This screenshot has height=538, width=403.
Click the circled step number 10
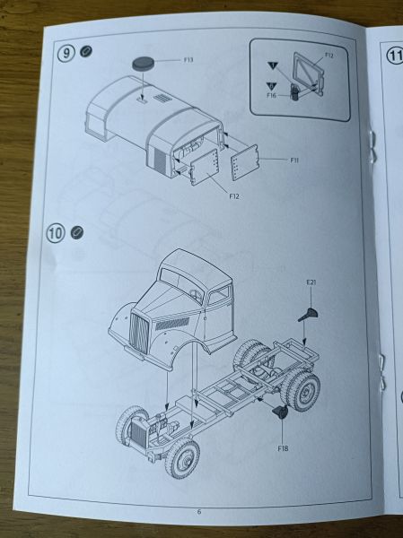pyautogui.click(x=56, y=233)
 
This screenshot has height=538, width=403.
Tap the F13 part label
pyautogui.click(x=188, y=60)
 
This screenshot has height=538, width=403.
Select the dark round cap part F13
pyautogui.click(x=143, y=64)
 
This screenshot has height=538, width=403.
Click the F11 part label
pyautogui.click(x=294, y=160)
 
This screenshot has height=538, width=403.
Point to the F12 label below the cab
pyautogui.click(x=233, y=196)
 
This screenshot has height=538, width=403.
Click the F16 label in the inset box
pyautogui.click(x=271, y=95)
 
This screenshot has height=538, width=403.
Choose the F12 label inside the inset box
pyautogui.click(x=329, y=56)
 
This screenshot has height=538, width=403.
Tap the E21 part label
pyautogui.click(x=311, y=282)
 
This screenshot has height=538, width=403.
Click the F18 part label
pyautogui.click(x=283, y=448)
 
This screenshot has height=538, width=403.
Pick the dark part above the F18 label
pyautogui.click(x=280, y=412)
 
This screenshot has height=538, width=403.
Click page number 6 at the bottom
pyautogui.click(x=199, y=512)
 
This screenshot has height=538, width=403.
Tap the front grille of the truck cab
pyautogui.click(x=139, y=333)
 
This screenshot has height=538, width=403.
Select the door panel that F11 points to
pyautogui.click(x=245, y=162)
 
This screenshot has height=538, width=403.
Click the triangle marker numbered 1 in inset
pyautogui.click(x=273, y=65)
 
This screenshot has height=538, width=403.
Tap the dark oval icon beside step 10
pyautogui.click(x=77, y=232)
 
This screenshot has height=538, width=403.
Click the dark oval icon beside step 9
pyautogui.click(x=86, y=51)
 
